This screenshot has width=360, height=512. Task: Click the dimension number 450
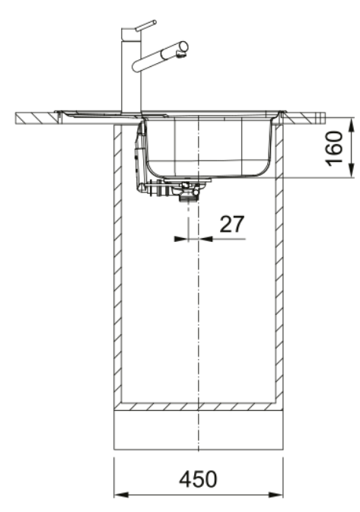coord(198,479)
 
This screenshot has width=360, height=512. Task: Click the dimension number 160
coord(335,148)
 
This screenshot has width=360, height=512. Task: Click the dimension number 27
coord(232,224)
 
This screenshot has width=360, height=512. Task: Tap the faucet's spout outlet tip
coord(183,55)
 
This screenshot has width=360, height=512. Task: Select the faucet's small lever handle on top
coord(145,25)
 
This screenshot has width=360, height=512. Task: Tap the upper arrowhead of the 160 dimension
coord(351,125)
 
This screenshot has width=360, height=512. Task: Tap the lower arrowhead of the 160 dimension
coord(351,170)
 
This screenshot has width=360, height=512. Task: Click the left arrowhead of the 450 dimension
coord(122,495)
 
